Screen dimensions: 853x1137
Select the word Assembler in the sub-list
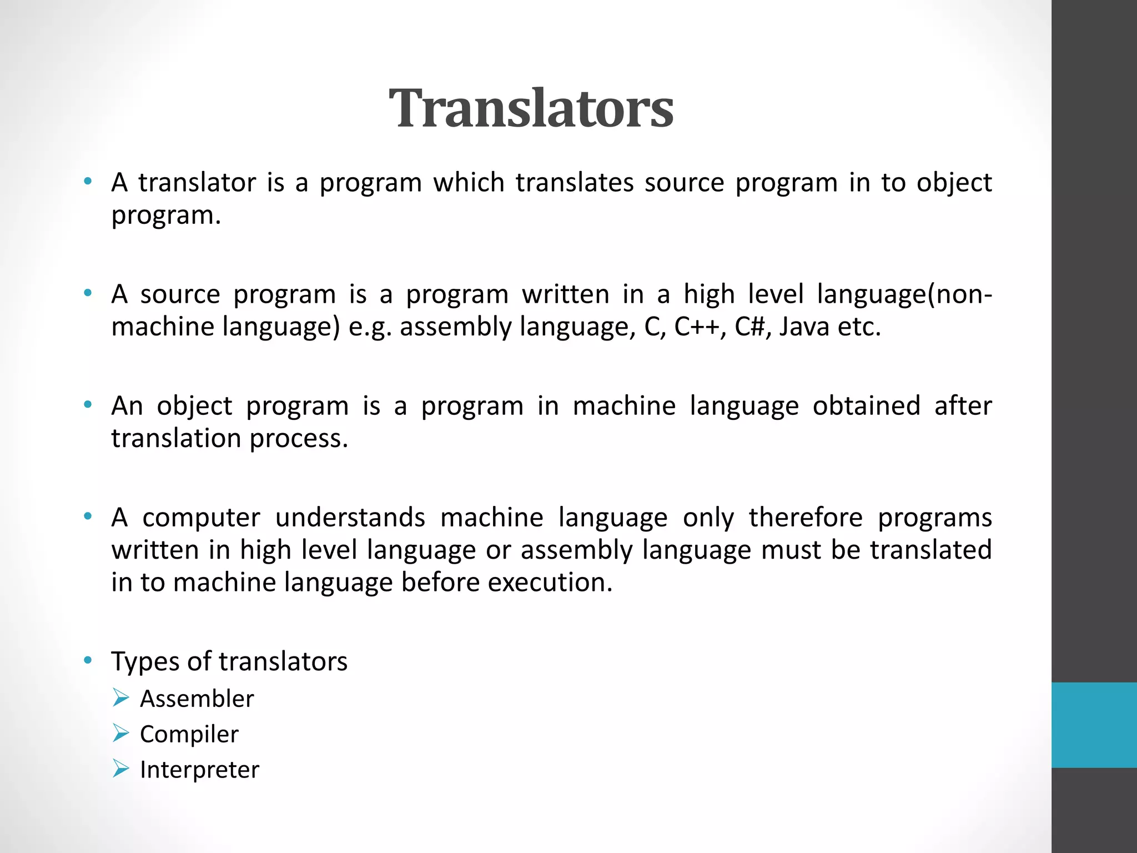pyautogui.click(x=197, y=699)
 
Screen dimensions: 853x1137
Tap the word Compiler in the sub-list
pyautogui.click(x=189, y=734)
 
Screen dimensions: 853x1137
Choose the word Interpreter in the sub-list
pyautogui.click(x=199, y=770)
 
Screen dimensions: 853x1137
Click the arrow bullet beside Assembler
pyautogui.click(x=120, y=698)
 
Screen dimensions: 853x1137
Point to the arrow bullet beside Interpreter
pyautogui.click(x=120, y=769)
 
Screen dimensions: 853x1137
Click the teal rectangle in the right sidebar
pyautogui.click(x=1094, y=725)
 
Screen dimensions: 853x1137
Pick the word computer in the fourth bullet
pyautogui.click(x=201, y=518)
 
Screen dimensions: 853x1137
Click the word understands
pyautogui.click(x=350, y=518)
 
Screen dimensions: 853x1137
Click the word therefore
pyautogui.click(x=806, y=518)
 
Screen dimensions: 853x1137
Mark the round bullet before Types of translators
pyautogui.click(x=87, y=660)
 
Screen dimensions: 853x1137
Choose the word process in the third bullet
pyautogui.click(x=298, y=439)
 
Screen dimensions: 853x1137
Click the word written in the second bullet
pyautogui.click(x=565, y=294)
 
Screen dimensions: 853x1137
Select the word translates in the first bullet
pyautogui.click(x=574, y=183)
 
